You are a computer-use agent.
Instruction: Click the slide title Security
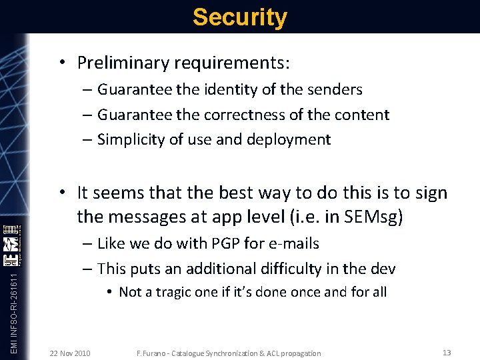(x=240, y=17)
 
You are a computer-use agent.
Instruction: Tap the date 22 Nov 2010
(x=71, y=353)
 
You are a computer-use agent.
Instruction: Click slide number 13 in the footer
(x=447, y=352)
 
